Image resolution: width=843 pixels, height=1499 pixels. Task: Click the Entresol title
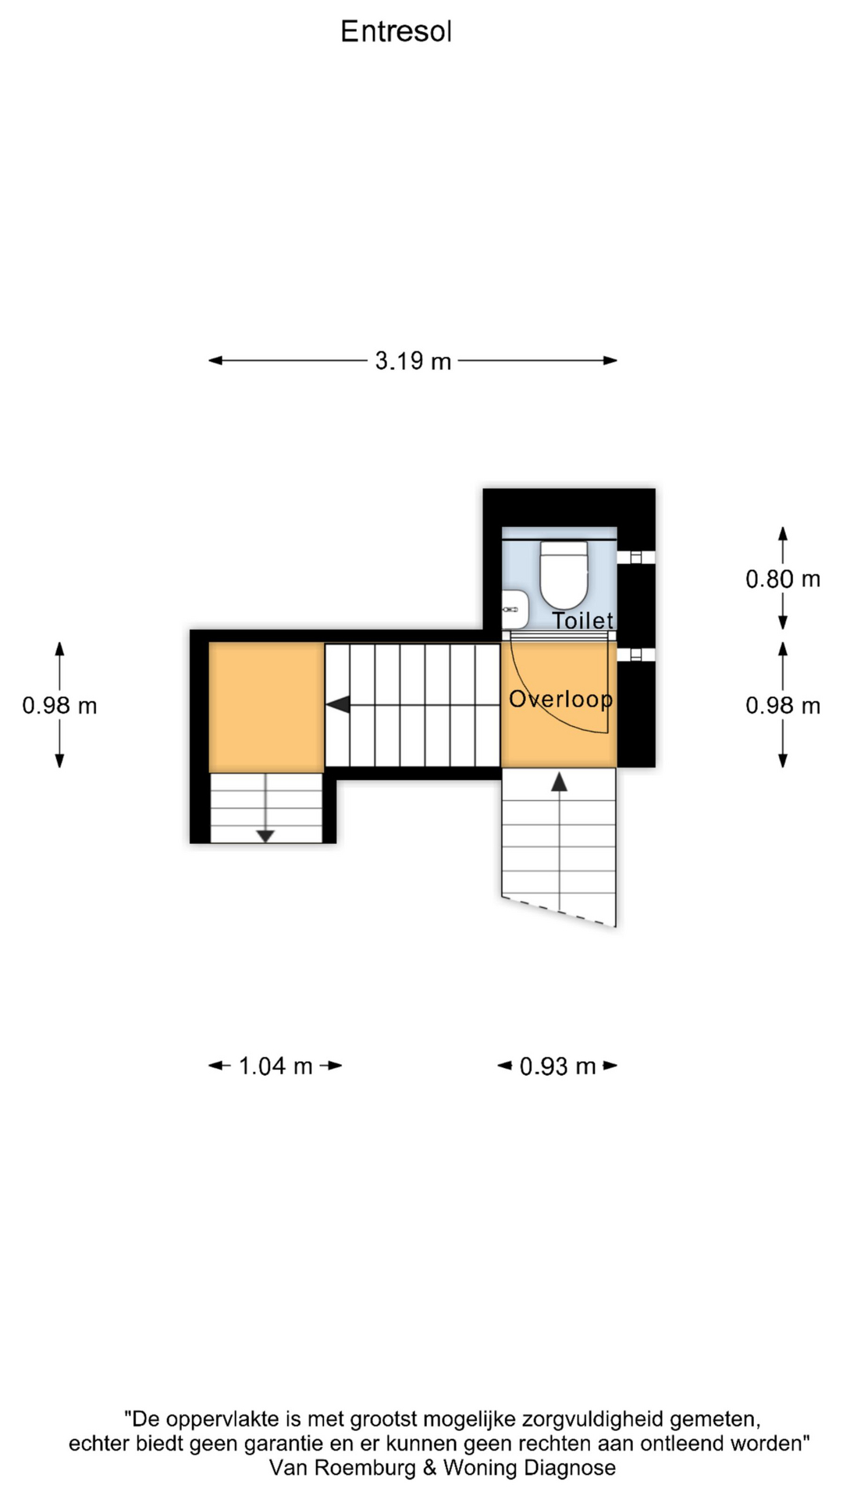click(x=396, y=31)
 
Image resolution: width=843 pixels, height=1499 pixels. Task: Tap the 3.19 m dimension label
click(x=413, y=361)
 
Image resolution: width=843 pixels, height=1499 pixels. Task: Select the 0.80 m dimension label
click(x=783, y=579)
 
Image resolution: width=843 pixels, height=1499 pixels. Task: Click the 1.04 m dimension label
click(x=276, y=1066)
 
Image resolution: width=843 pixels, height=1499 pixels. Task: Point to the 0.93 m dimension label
click(x=557, y=1066)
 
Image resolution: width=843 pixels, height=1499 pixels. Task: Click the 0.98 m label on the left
click(x=59, y=705)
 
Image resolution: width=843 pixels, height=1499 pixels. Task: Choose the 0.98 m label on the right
click(x=783, y=705)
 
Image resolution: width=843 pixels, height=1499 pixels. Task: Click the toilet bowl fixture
click(x=564, y=575)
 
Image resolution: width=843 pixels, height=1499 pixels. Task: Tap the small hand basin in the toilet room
click(x=514, y=609)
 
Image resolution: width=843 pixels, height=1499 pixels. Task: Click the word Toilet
click(x=583, y=621)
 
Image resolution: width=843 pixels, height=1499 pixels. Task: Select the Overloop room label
click(x=560, y=699)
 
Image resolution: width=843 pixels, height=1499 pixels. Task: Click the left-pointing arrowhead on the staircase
click(x=337, y=705)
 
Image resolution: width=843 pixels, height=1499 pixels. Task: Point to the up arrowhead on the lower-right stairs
click(x=559, y=782)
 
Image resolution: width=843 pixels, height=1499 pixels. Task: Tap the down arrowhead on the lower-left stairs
click(x=265, y=836)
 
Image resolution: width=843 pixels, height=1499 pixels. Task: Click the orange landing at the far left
click(x=266, y=707)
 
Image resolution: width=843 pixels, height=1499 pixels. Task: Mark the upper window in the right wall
click(x=636, y=557)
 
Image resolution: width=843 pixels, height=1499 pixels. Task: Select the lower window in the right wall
click(x=636, y=654)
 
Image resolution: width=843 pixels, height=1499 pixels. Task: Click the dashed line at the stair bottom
click(x=559, y=912)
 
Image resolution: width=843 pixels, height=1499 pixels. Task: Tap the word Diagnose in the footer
click(x=570, y=1469)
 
